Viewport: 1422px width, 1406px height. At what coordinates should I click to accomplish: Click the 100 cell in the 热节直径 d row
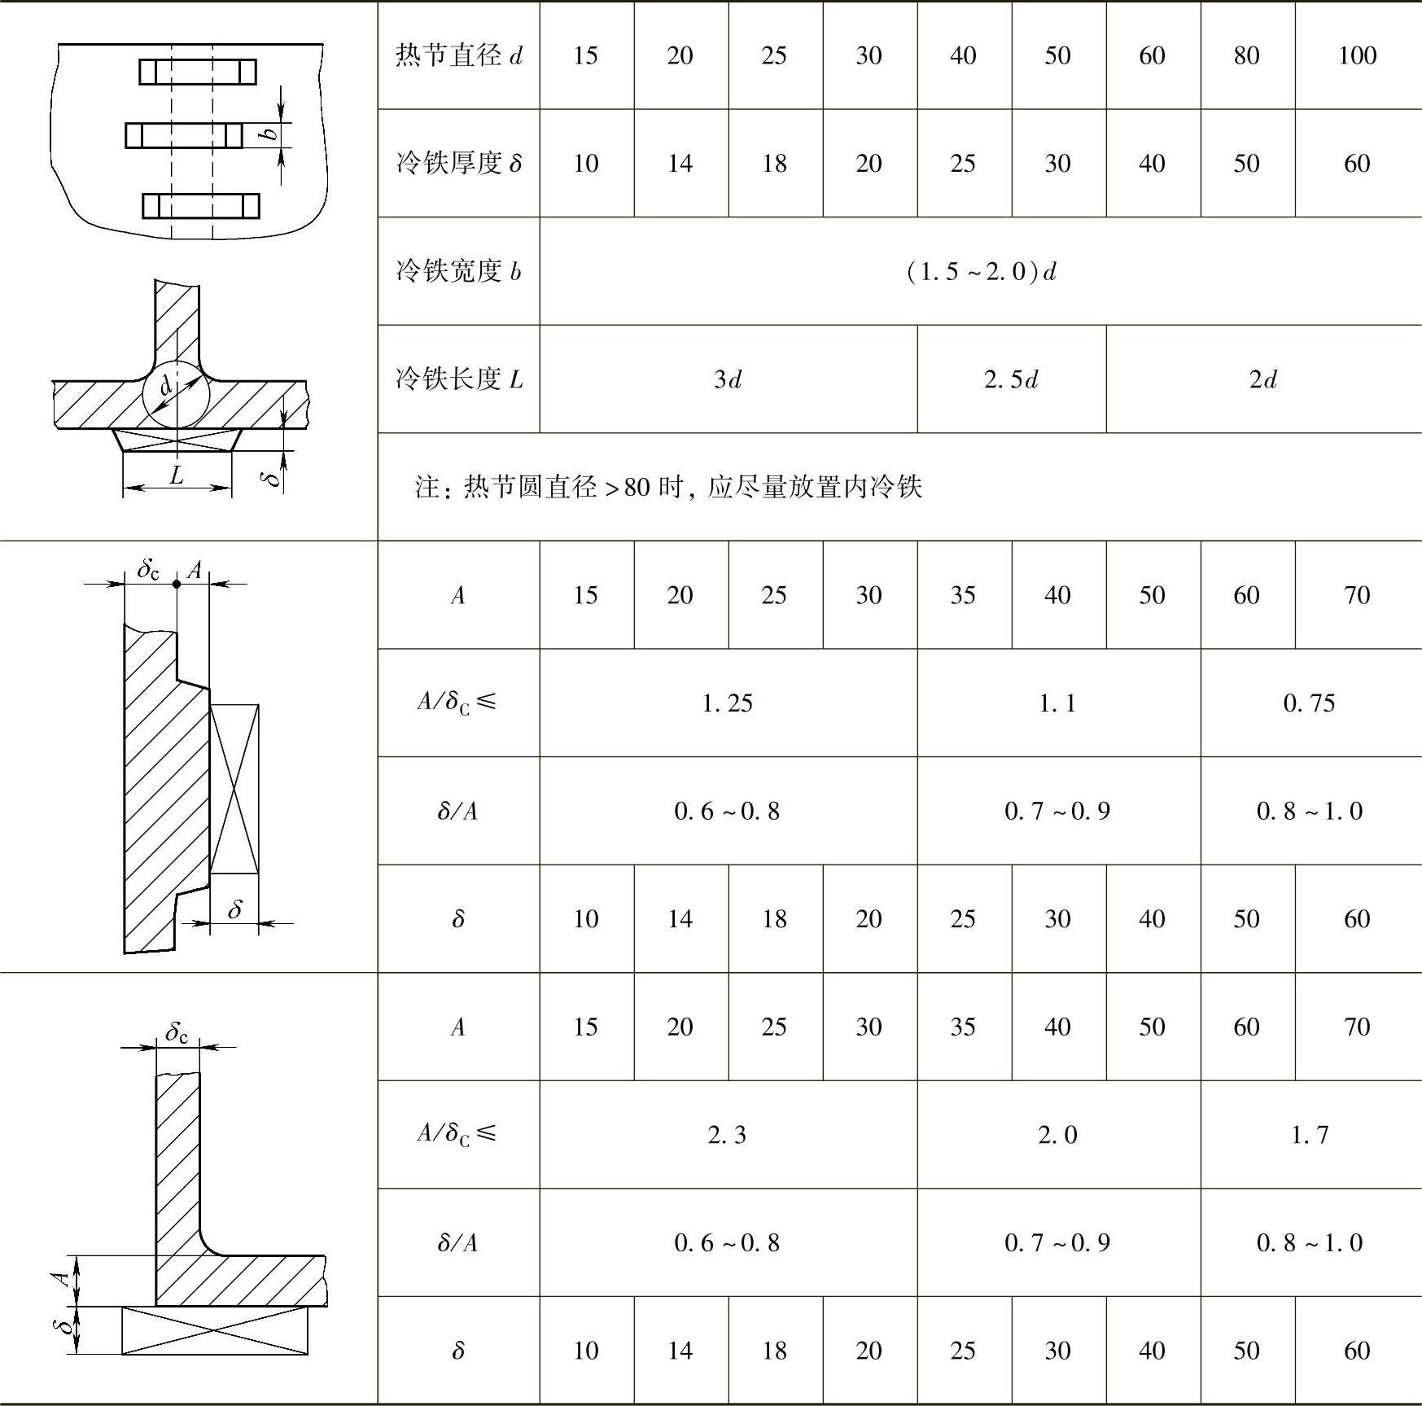click(1357, 55)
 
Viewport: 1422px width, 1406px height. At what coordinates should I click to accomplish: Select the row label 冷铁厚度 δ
click(459, 164)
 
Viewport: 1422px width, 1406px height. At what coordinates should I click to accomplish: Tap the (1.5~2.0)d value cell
click(981, 271)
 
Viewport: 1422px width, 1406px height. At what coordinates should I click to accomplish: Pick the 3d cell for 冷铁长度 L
click(728, 379)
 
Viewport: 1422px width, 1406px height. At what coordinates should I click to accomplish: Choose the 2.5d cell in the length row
click(1011, 379)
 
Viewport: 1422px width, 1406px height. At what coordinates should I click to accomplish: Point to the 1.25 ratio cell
click(728, 703)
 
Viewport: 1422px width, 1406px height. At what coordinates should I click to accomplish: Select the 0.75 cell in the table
click(1310, 703)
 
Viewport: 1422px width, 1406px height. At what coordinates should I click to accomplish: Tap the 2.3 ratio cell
click(728, 1134)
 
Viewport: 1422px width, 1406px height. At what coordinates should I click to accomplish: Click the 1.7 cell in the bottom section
click(1310, 1134)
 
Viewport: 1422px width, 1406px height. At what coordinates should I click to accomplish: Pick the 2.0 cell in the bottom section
click(1057, 1134)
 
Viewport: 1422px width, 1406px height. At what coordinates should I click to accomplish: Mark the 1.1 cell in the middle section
click(1057, 703)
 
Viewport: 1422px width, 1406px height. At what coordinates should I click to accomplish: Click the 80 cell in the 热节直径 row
click(1246, 55)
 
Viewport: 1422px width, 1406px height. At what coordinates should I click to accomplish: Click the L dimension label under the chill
click(177, 475)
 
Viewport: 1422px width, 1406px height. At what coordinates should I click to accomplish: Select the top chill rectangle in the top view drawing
click(198, 72)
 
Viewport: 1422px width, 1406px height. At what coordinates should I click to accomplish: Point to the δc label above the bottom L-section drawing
click(177, 1033)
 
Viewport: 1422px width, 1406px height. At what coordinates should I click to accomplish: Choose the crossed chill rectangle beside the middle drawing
click(234, 789)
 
